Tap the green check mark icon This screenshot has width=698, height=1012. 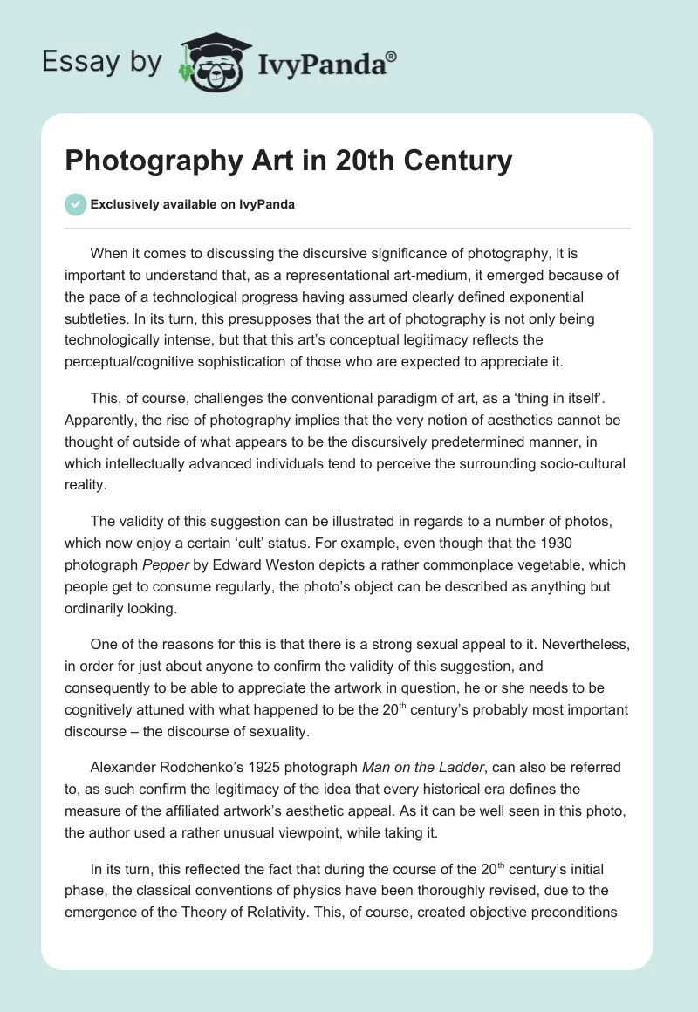coord(75,204)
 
